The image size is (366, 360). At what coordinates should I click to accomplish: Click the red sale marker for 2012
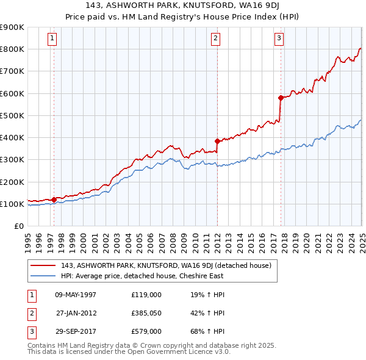click(217, 141)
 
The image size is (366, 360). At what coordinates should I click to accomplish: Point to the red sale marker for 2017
click(281, 98)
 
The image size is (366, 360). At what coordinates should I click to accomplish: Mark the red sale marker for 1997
click(54, 199)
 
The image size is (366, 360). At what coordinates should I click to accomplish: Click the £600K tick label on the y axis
click(12, 93)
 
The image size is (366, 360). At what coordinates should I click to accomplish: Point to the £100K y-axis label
click(12, 204)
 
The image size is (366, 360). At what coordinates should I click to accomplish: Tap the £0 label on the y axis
click(18, 226)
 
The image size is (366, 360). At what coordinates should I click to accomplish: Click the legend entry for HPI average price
click(142, 275)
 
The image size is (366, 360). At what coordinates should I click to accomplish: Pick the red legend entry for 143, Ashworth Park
click(169, 265)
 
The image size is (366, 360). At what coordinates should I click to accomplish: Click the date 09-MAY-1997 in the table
click(76, 295)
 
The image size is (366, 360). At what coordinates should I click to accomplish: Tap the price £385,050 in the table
click(146, 314)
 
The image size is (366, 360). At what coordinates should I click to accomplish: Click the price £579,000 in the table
click(146, 333)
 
